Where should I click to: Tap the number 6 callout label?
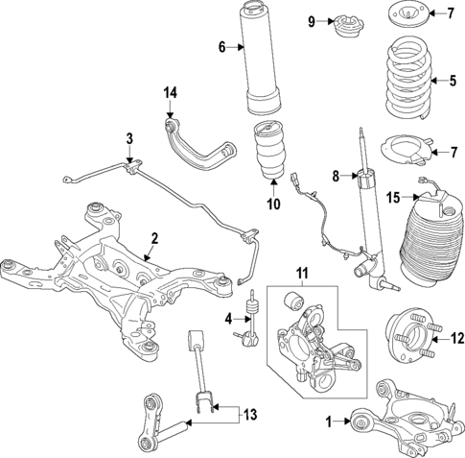tap(221, 47)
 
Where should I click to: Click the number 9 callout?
tap(312, 21)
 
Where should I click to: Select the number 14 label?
tap(171, 92)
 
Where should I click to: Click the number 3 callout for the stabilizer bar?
tap(130, 139)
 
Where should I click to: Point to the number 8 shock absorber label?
tap(335, 175)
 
